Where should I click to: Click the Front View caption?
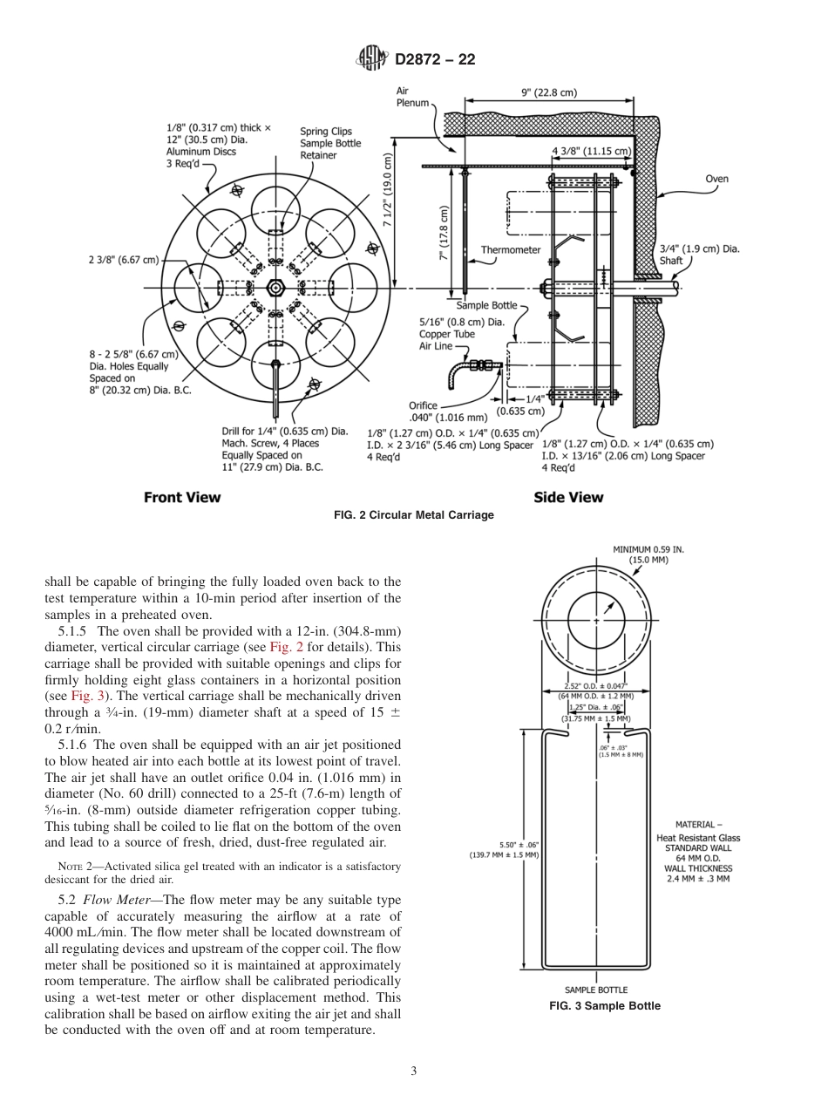pyautogui.click(x=182, y=497)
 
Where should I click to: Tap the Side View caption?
pyautogui.click(x=567, y=497)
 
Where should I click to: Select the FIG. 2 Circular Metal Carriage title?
pyautogui.click(x=414, y=515)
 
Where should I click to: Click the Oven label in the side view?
pyautogui.click(x=716, y=180)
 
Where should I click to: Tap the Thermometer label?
pyautogui.click(x=511, y=249)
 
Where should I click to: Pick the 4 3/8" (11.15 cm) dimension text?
pyautogui.click(x=591, y=151)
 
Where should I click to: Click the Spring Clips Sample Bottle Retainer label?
pyautogui.click(x=329, y=144)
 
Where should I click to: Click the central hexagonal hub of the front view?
pyautogui.click(x=275, y=288)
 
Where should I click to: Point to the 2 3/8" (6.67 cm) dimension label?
pyautogui.click(x=124, y=260)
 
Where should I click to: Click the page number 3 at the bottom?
pyautogui.click(x=414, y=1071)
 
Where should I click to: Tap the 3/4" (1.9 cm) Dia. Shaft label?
pyautogui.click(x=700, y=254)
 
